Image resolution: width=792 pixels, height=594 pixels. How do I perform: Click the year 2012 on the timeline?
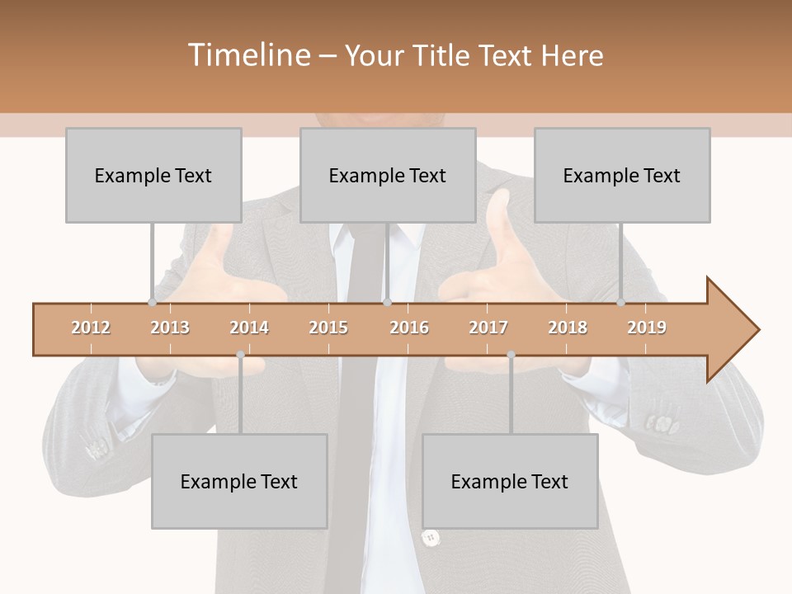click(91, 328)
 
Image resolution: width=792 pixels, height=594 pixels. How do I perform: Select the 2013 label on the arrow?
click(170, 328)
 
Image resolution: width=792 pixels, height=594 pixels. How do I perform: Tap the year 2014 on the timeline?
click(249, 328)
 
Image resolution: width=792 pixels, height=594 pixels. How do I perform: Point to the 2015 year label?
click(328, 328)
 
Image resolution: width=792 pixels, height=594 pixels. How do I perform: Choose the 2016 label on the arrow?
click(409, 328)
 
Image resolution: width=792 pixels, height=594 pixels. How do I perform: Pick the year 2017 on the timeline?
click(488, 328)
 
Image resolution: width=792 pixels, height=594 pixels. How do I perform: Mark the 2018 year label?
click(568, 328)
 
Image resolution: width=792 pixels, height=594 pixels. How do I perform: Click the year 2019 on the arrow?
click(647, 328)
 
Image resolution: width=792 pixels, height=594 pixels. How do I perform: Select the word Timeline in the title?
click(247, 55)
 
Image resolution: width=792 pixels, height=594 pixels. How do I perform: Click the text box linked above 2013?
click(153, 175)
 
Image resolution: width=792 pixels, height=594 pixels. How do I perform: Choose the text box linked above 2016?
click(388, 175)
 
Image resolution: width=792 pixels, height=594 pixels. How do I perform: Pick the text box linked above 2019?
click(622, 175)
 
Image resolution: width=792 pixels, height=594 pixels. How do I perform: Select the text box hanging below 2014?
click(239, 481)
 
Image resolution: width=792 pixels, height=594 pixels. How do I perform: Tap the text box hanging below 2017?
click(510, 481)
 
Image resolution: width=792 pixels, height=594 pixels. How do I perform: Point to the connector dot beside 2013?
click(152, 302)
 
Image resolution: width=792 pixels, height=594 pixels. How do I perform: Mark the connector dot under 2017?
click(511, 355)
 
